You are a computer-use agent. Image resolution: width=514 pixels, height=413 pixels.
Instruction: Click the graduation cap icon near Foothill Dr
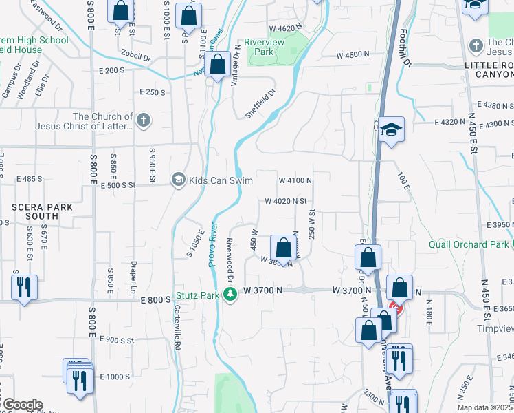[x=391, y=129]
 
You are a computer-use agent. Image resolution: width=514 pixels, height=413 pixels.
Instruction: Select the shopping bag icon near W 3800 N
[x=282, y=248]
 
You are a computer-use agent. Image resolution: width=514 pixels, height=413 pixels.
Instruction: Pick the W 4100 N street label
[x=295, y=180]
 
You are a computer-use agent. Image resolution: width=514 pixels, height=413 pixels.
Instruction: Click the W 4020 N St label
[x=284, y=201]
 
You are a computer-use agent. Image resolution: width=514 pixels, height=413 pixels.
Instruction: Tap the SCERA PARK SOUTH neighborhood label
[x=32, y=211]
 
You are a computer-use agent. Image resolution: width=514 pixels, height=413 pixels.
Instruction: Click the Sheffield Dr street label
[x=261, y=104]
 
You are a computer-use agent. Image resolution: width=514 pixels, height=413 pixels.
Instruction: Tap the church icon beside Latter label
[x=143, y=121]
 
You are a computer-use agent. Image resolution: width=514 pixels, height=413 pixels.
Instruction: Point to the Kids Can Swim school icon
[x=179, y=180]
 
